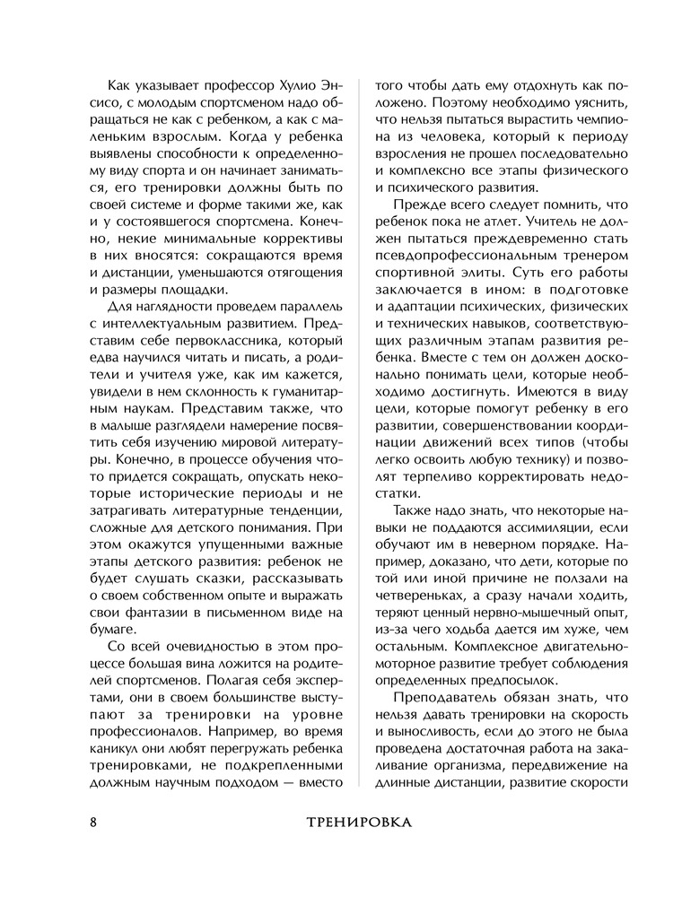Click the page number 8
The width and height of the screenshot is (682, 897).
92,821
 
